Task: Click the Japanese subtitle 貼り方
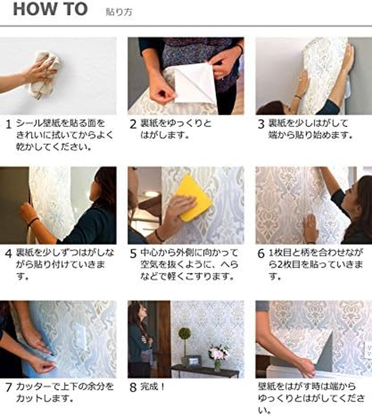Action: tap(119, 13)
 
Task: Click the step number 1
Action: tap(8, 125)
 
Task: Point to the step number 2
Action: tap(133, 125)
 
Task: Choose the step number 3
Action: tap(261, 125)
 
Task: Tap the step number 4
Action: tap(8, 255)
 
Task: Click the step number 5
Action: tap(133, 255)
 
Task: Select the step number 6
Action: tap(261, 255)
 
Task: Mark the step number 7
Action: tap(8, 387)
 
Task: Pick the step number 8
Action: tap(133, 387)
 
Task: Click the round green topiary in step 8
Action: tap(185, 334)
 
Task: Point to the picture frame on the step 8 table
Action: tap(193, 362)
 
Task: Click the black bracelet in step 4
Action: tap(33, 222)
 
